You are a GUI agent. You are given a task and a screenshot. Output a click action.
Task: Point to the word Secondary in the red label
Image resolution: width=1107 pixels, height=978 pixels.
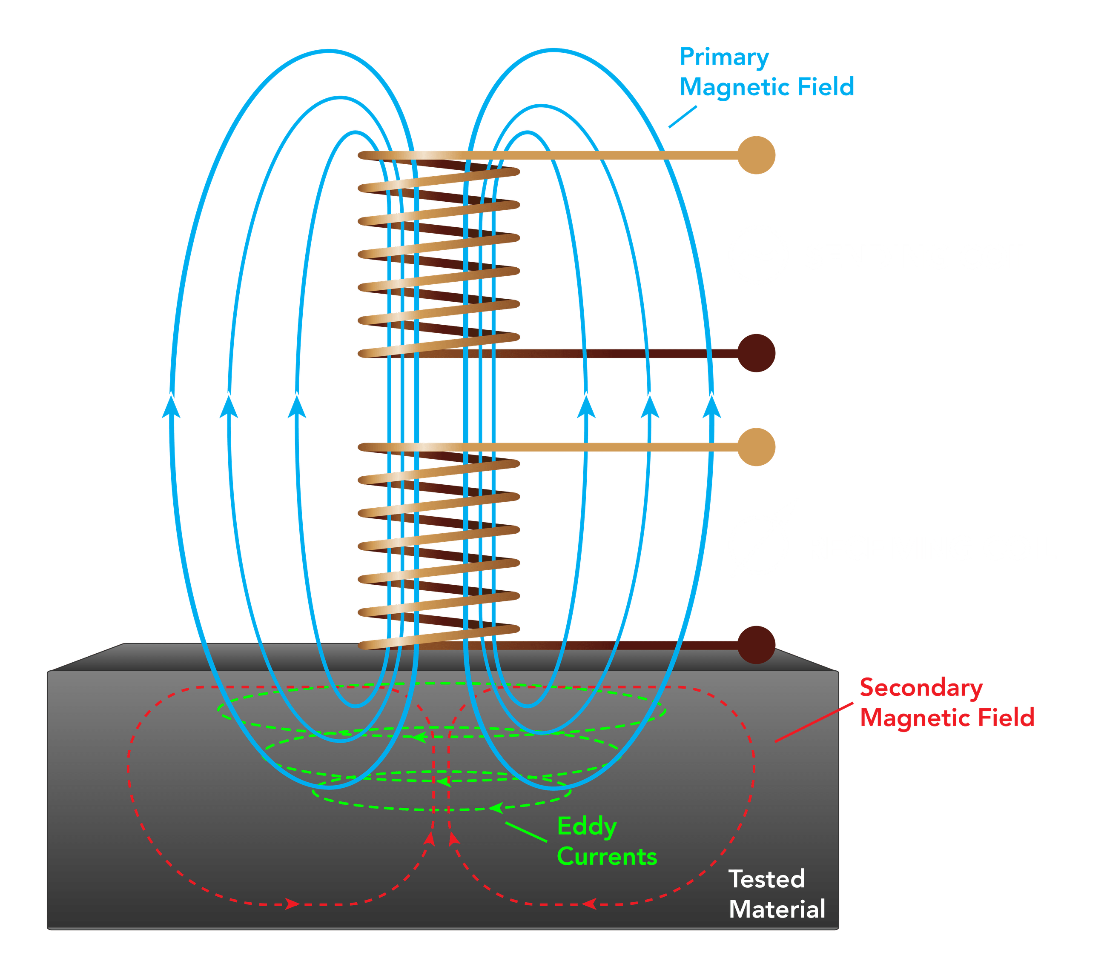[921, 688]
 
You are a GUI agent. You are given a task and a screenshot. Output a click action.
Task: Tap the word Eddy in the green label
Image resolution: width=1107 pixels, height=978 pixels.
[587, 826]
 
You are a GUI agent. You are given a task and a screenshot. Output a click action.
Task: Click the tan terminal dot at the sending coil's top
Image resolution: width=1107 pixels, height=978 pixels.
[757, 155]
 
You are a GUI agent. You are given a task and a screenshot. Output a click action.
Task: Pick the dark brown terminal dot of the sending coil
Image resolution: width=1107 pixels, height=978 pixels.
[757, 353]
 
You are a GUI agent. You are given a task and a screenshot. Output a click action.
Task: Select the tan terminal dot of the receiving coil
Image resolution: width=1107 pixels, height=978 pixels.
[757, 446]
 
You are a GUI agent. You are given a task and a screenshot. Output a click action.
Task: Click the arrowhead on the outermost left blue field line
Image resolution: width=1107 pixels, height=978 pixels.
[172, 406]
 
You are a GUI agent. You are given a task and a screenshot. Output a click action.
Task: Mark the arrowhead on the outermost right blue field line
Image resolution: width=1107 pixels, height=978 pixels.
[711, 406]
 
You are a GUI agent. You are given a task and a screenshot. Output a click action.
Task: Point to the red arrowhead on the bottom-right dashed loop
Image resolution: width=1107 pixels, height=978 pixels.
[590, 904]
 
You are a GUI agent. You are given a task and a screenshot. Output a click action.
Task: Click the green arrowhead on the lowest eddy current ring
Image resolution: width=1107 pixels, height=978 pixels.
[496, 809]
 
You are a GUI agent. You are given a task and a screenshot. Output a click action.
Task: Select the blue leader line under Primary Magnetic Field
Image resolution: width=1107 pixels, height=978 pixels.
[683, 117]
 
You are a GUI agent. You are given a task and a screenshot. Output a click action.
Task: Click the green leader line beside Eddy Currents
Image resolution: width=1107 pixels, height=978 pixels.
[525, 832]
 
